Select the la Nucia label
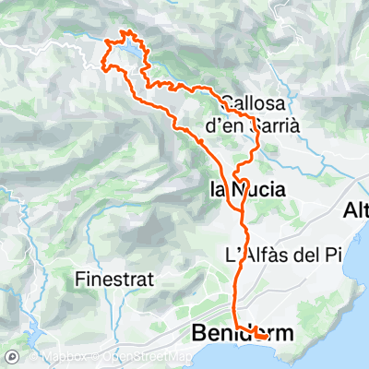243,190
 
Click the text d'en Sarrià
250,126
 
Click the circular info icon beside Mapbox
13,357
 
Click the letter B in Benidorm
197,332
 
